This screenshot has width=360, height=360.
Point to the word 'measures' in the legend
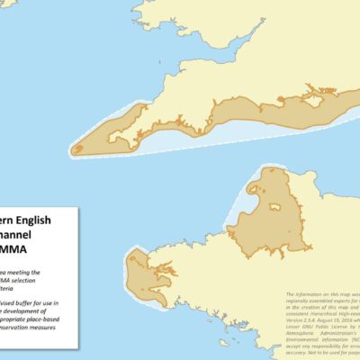click(53, 328)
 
